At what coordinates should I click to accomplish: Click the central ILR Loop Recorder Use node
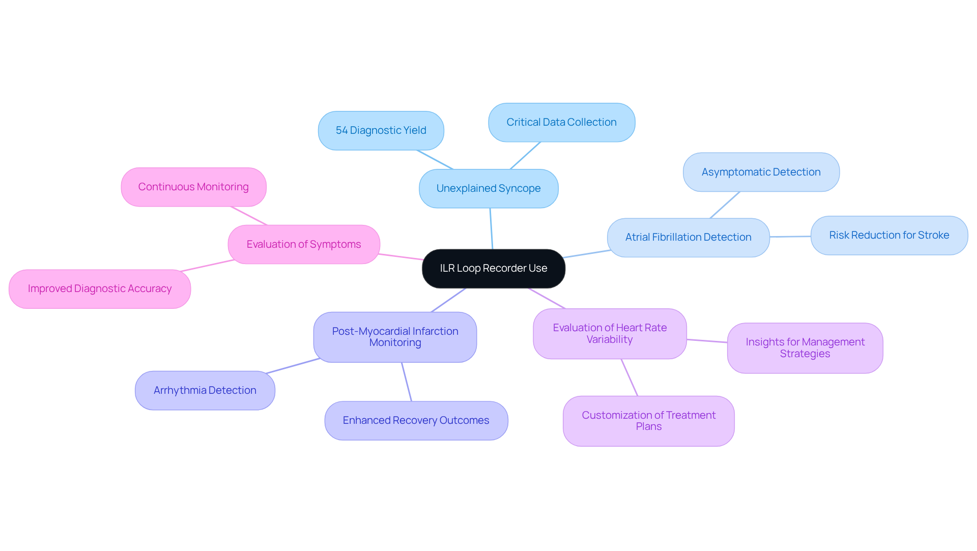coord(493,269)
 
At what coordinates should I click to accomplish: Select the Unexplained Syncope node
coord(489,189)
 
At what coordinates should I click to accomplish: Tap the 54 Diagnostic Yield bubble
coord(381,131)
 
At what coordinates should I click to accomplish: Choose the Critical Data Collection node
coord(561,123)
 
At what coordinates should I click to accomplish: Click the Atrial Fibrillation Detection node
coord(688,238)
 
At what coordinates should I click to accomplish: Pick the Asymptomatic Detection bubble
coord(761,172)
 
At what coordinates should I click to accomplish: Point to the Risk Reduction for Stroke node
coord(889,236)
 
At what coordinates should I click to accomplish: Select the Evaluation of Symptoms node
coord(304,245)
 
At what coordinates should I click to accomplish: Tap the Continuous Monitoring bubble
coord(193,187)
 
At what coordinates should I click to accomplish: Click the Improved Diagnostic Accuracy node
coord(100,289)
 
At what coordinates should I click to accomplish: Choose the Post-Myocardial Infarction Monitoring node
coord(395,337)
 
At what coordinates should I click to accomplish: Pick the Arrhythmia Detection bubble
coord(205,391)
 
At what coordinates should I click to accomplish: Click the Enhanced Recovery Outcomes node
coord(416,421)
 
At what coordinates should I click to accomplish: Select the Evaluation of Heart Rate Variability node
coord(610,334)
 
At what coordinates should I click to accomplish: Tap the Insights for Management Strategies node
coord(805,348)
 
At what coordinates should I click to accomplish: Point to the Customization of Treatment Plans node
coord(648,421)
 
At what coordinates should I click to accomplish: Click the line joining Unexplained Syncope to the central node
coord(491,229)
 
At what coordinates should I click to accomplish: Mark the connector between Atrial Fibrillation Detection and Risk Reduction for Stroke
coord(790,237)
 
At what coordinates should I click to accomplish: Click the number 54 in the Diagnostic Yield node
coord(341,131)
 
